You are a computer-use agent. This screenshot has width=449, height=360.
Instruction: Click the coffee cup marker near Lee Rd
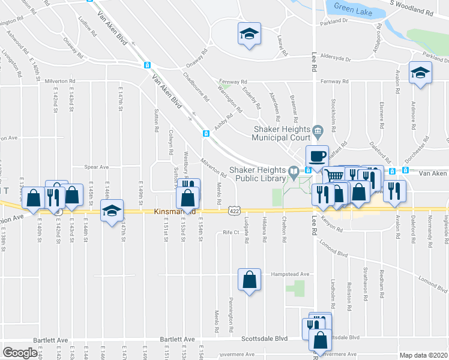click(317, 157)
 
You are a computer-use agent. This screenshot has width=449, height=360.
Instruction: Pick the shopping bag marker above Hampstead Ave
click(249, 280)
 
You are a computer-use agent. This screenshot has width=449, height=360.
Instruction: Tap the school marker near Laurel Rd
click(248, 34)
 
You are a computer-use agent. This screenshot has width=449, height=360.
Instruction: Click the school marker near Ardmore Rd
click(420, 73)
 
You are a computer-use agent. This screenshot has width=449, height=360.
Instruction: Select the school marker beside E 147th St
click(112, 211)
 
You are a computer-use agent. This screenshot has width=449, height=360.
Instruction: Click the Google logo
click(20, 353)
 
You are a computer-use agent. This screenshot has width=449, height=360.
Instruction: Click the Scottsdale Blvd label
click(265, 339)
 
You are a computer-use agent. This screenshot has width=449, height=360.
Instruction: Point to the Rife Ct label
click(231, 232)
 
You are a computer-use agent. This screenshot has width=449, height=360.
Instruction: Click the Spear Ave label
click(97, 167)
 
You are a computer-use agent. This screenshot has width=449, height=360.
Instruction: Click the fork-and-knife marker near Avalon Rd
click(394, 191)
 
